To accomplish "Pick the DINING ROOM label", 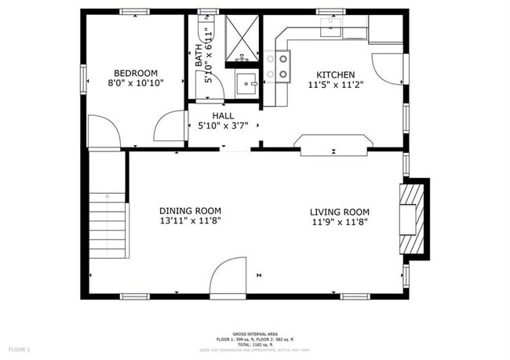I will click(190, 211).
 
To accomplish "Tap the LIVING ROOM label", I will click(339, 212).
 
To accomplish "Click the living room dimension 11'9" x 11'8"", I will click(339, 222).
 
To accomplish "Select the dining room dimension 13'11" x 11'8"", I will click(190, 222).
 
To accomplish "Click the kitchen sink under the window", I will click(330, 30).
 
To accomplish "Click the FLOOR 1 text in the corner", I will click(20, 348).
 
